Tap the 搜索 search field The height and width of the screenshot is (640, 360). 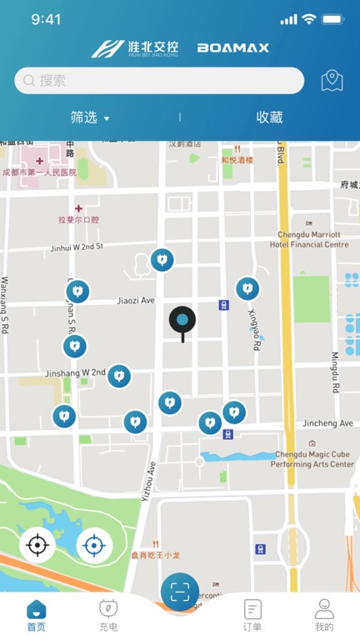tap(158, 81)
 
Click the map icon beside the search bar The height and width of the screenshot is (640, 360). tap(332, 81)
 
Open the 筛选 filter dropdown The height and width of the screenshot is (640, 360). tap(90, 117)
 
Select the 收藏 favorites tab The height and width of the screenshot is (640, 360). tap(269, 117)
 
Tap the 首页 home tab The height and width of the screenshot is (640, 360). tap(36, 615)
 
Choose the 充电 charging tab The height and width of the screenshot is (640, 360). tap(108, 615)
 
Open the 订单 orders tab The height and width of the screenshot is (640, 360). tap(252, 615)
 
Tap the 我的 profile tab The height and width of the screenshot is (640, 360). tap(324, 615)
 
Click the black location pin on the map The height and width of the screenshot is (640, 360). tap(182, 321)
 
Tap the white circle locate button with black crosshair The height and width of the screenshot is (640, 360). tap(37, 546)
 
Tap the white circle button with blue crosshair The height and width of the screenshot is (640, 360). tap(94, 546)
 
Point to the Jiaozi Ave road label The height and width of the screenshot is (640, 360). tap(136, 300)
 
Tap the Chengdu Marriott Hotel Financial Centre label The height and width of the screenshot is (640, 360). tap(309, 239)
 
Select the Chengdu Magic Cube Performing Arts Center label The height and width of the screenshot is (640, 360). tap(314, 459)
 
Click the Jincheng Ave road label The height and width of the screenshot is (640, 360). tap(328, 424)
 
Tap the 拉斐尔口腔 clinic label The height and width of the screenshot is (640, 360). tap(78, 220)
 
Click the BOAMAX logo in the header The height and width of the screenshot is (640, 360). tap(233, 48)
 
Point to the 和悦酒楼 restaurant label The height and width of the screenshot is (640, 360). tap(237, 160)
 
